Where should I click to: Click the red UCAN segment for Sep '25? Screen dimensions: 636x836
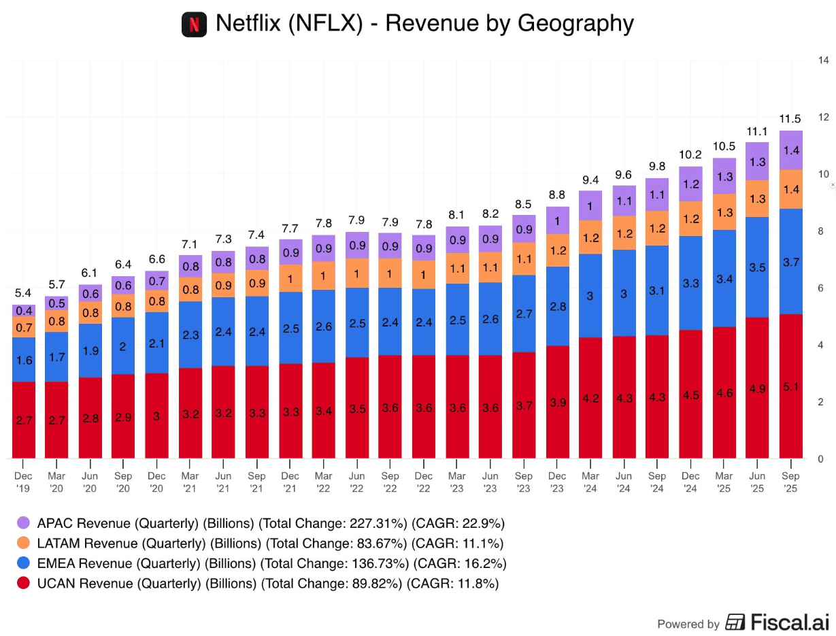[x=790, y=386]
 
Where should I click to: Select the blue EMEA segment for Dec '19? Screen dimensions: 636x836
[x=24, y=360]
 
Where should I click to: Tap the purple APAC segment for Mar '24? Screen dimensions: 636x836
[x=590, y=205]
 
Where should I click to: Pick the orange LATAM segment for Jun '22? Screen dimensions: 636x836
[x=357, y=273]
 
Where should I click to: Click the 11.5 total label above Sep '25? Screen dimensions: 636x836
[x=790, y=118]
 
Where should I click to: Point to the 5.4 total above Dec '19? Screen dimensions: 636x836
[x=24, y=293]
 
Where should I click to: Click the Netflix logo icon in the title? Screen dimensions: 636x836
[x=194, y=24]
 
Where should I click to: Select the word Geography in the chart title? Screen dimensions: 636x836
[x=575, y=24]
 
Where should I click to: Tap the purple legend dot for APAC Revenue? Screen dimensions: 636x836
[x=23, y=522]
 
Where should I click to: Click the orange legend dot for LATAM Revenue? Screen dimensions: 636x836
[x=23, y=543]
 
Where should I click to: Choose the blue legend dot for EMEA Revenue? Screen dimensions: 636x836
[x=23, y=563]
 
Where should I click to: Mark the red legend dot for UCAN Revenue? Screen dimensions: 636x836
[x=23, y=584]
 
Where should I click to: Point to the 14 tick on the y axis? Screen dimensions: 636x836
[x=822, y=60]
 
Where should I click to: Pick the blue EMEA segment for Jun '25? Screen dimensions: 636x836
[x=757, y=267]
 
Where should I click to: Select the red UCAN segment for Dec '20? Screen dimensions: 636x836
[x=157, y=416]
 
